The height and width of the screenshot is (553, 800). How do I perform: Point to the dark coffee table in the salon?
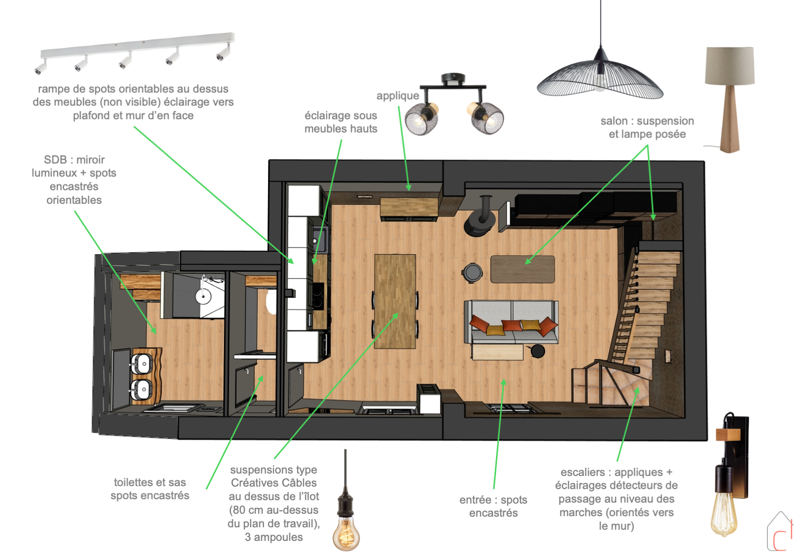(523, 269)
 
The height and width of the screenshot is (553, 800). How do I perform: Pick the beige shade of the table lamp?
(730, 66)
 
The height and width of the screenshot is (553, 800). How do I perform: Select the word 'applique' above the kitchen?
(398, 95)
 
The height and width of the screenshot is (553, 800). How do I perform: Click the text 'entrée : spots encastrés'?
(493, 506)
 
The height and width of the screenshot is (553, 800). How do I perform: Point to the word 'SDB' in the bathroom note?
(55, 159)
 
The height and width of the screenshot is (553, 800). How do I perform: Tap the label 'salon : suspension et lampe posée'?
(647, 127)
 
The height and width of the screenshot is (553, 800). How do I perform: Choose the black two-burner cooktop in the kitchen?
(318, 295)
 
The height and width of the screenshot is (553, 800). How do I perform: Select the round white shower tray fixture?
(203, 296)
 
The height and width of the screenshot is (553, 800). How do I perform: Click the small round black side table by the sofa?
(538, 351)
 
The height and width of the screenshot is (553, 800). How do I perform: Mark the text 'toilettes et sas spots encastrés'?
(150, 489)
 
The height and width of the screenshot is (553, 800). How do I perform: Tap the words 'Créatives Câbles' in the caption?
(273, 483)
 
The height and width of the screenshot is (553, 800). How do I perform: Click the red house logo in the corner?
(780, 532)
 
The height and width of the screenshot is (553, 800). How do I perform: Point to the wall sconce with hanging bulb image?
(730, 475)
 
